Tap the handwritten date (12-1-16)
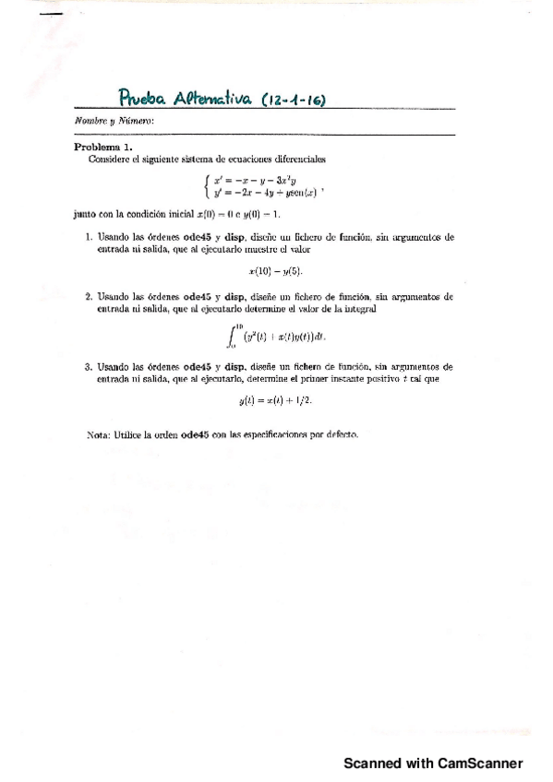coord(295,99)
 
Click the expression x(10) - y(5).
coord(276,271)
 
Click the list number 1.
coord(89,237)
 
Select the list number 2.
coord(89,298)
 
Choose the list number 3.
coord(89,366)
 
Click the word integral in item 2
coord(434,310)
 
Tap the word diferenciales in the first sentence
coord(297,159)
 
